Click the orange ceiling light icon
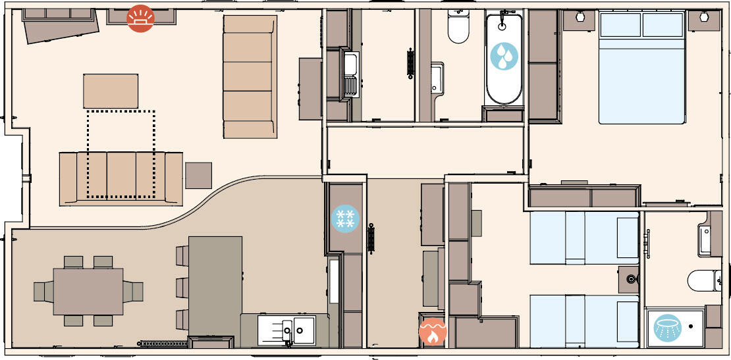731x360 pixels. [x=140, y=18]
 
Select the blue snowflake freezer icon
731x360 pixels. [x=344, y=219]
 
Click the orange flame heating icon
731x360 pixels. [x=433, y=333]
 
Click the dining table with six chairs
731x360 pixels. [x=88, y=290]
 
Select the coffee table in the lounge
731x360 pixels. [x=111, y=91]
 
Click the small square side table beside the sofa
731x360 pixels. [x=198, y=176]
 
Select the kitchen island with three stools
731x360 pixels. [x=215, y=287]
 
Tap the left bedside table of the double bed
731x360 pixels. [x=580, y=20]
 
